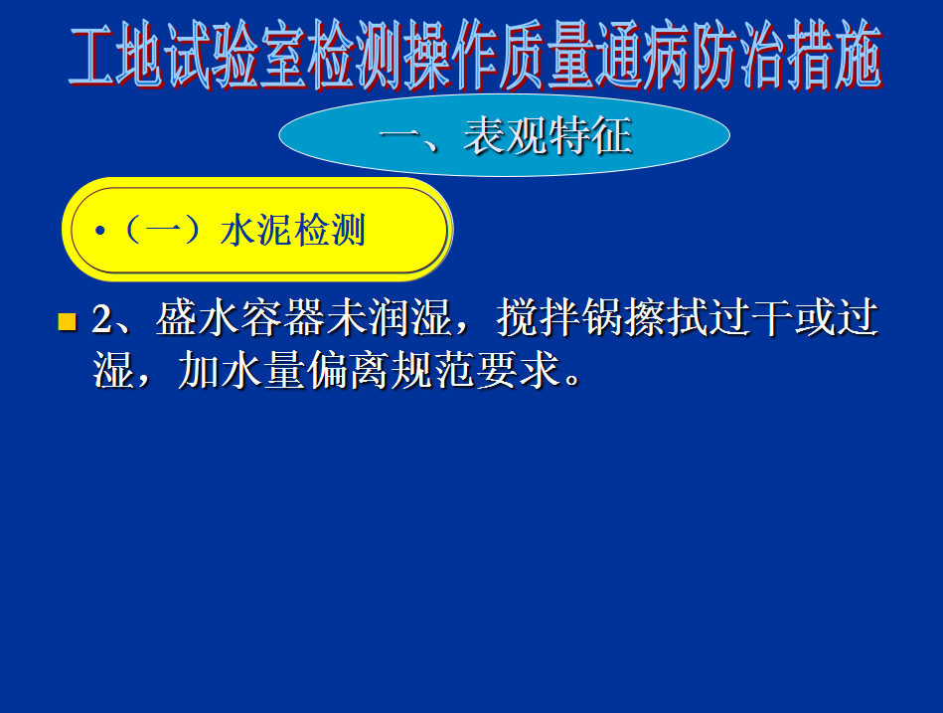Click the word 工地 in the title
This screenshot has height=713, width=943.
(x=116, y=56)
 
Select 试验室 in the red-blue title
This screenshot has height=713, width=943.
(x=236, y=56)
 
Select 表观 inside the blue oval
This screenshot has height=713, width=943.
(x=506, y=135)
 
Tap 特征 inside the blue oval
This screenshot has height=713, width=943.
(x=590, y=135)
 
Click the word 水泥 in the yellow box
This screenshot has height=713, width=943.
(x=256, y=230)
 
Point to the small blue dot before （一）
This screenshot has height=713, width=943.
(x=99, y=231)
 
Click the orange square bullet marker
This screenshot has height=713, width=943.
(x=67, y=322)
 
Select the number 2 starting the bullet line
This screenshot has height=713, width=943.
(x=101, y=319)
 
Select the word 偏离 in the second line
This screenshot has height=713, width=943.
(x=348, y=370)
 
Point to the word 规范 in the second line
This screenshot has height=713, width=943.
(x=433, y=370)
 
